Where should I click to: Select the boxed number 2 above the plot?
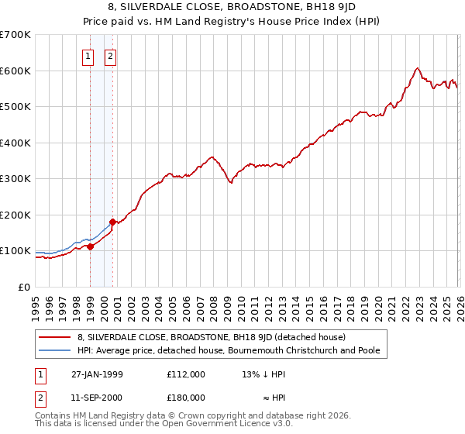pyautogui.click(x=111, y=56)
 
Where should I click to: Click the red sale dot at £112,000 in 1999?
pyautogui.click(x=91, y=246)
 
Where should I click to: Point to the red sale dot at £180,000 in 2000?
pyautogui.click(x=113, y=222)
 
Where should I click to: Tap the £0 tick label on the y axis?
pyautogui.click(x=25, y=287)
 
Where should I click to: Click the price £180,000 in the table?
pyautogui.click(x=186, y=398)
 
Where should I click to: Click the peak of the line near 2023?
pyautogui.click(x=417, y=68)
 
